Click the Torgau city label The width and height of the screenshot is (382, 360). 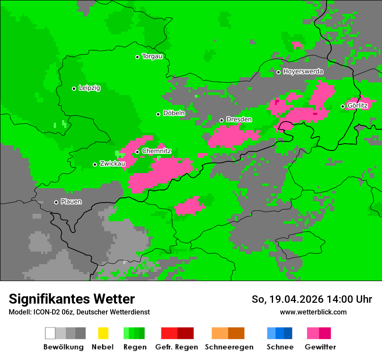tap(152, 56)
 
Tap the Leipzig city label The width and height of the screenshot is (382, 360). tap(89, 88)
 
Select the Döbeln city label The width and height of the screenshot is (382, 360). tap(174, 113)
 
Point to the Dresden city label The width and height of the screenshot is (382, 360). tap(239, 119)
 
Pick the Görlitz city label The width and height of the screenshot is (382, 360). tap(358, 105)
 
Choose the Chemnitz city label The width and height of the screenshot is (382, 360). tap(157, 151)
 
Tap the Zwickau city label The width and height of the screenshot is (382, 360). tap(112, 164)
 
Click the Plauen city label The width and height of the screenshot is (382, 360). tap(71, 202)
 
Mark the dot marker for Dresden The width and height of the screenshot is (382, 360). tap(221, 120)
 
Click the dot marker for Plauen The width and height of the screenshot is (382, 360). tap(56, 202)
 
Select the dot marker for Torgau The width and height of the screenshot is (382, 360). tap(137, 57)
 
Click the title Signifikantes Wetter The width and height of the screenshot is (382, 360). tap(72, 299)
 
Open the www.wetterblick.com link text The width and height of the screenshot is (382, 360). tap(313, 312)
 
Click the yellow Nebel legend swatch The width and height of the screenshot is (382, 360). tap(103, 333)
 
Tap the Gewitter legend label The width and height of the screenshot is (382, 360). tap(320, 347)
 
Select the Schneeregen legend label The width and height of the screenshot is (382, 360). tap(229, 347)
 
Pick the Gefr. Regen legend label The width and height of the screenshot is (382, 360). tap(177, 347)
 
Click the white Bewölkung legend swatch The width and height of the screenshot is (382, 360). tap(50, 333)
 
